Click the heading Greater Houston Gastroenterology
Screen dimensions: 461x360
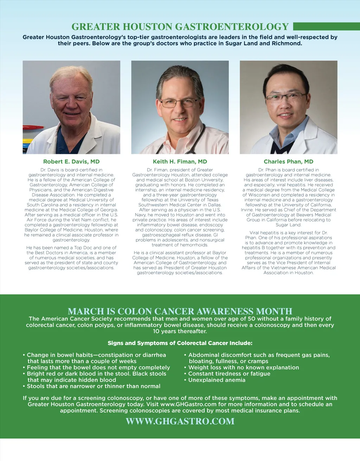(180, 27)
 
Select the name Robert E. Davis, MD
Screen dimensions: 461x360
(71, 162)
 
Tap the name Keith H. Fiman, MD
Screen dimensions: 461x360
(180, 162)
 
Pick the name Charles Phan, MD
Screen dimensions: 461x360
(288, 162)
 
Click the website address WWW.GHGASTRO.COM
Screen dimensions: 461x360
(180, 421)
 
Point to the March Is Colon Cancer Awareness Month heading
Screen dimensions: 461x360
(180, 311)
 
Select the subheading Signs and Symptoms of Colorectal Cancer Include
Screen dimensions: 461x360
(180, 343)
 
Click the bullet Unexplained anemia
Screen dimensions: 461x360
(217, 380)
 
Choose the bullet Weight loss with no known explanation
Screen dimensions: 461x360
(243, 368)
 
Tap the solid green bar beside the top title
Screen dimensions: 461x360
(326, 27)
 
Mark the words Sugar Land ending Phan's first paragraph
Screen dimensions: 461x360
(288, 225)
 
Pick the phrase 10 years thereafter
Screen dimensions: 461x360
(180, 331)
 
